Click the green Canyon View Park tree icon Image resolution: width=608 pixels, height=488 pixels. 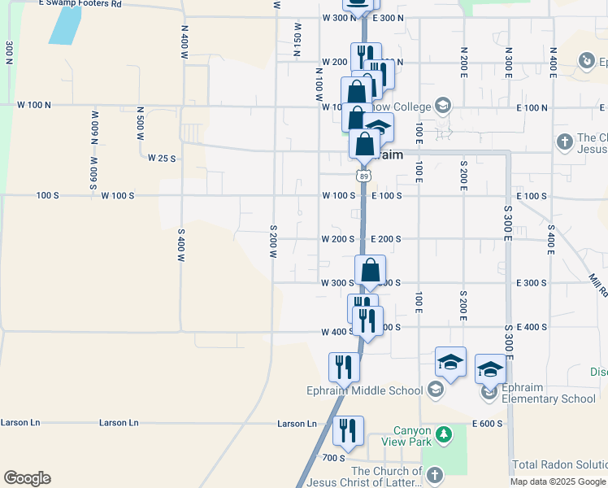pyautogui.click(x=443, y=435)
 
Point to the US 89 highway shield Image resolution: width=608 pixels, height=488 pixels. pyautogui.click(x=363, y=176)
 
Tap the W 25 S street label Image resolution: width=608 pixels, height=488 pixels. pyautogui.click(x=162, y=159)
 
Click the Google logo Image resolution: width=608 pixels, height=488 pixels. pyautogui.click(x=27, y=478)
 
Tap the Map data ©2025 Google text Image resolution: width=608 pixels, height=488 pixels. pyautogui.click(x=557, y=481)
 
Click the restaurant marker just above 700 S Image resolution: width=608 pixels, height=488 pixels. pyautogui.click(x=348, y=431)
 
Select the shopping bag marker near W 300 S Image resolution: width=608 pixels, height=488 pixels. pyautogui.click(x=370, y=271)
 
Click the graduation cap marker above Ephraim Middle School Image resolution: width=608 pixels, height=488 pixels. pyautogui.click(x=450, y=362)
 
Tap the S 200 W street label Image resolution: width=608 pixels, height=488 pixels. pyautogui.click(x=273, y=242)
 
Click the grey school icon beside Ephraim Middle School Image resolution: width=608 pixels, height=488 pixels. pyautogui.click(x=436, y=390)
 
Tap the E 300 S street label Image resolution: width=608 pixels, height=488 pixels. pyautogui.click(x=531, y=283)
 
